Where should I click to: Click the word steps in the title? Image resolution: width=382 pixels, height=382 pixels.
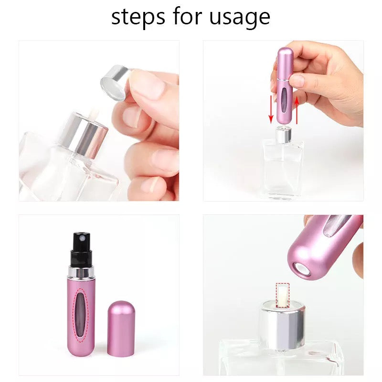[138, 17]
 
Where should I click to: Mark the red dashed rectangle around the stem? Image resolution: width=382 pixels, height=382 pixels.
[283, 294]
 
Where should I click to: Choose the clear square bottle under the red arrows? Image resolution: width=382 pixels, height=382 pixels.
[283, 167]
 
